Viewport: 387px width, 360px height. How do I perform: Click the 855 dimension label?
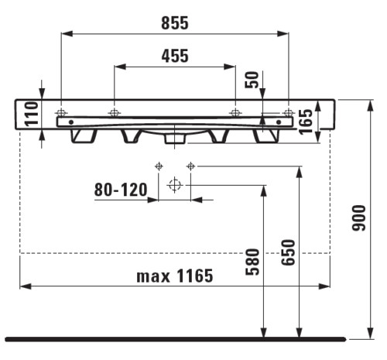[x=175, y=22]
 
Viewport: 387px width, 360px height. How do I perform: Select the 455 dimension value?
[x=175, y=56]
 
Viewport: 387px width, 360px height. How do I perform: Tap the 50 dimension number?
[x=252, y=80]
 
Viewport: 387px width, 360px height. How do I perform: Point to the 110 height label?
[x=32, y=114]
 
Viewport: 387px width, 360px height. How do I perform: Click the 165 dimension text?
[x=306, y=122]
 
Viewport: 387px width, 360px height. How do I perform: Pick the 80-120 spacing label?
[x=121, y=190]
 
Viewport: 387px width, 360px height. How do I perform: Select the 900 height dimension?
[x=359, y=218]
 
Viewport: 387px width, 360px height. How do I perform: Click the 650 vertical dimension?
[x=288, y=252]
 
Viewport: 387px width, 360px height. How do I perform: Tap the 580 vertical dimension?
[x=252, y=262]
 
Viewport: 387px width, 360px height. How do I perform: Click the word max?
[x=153, y=276]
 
